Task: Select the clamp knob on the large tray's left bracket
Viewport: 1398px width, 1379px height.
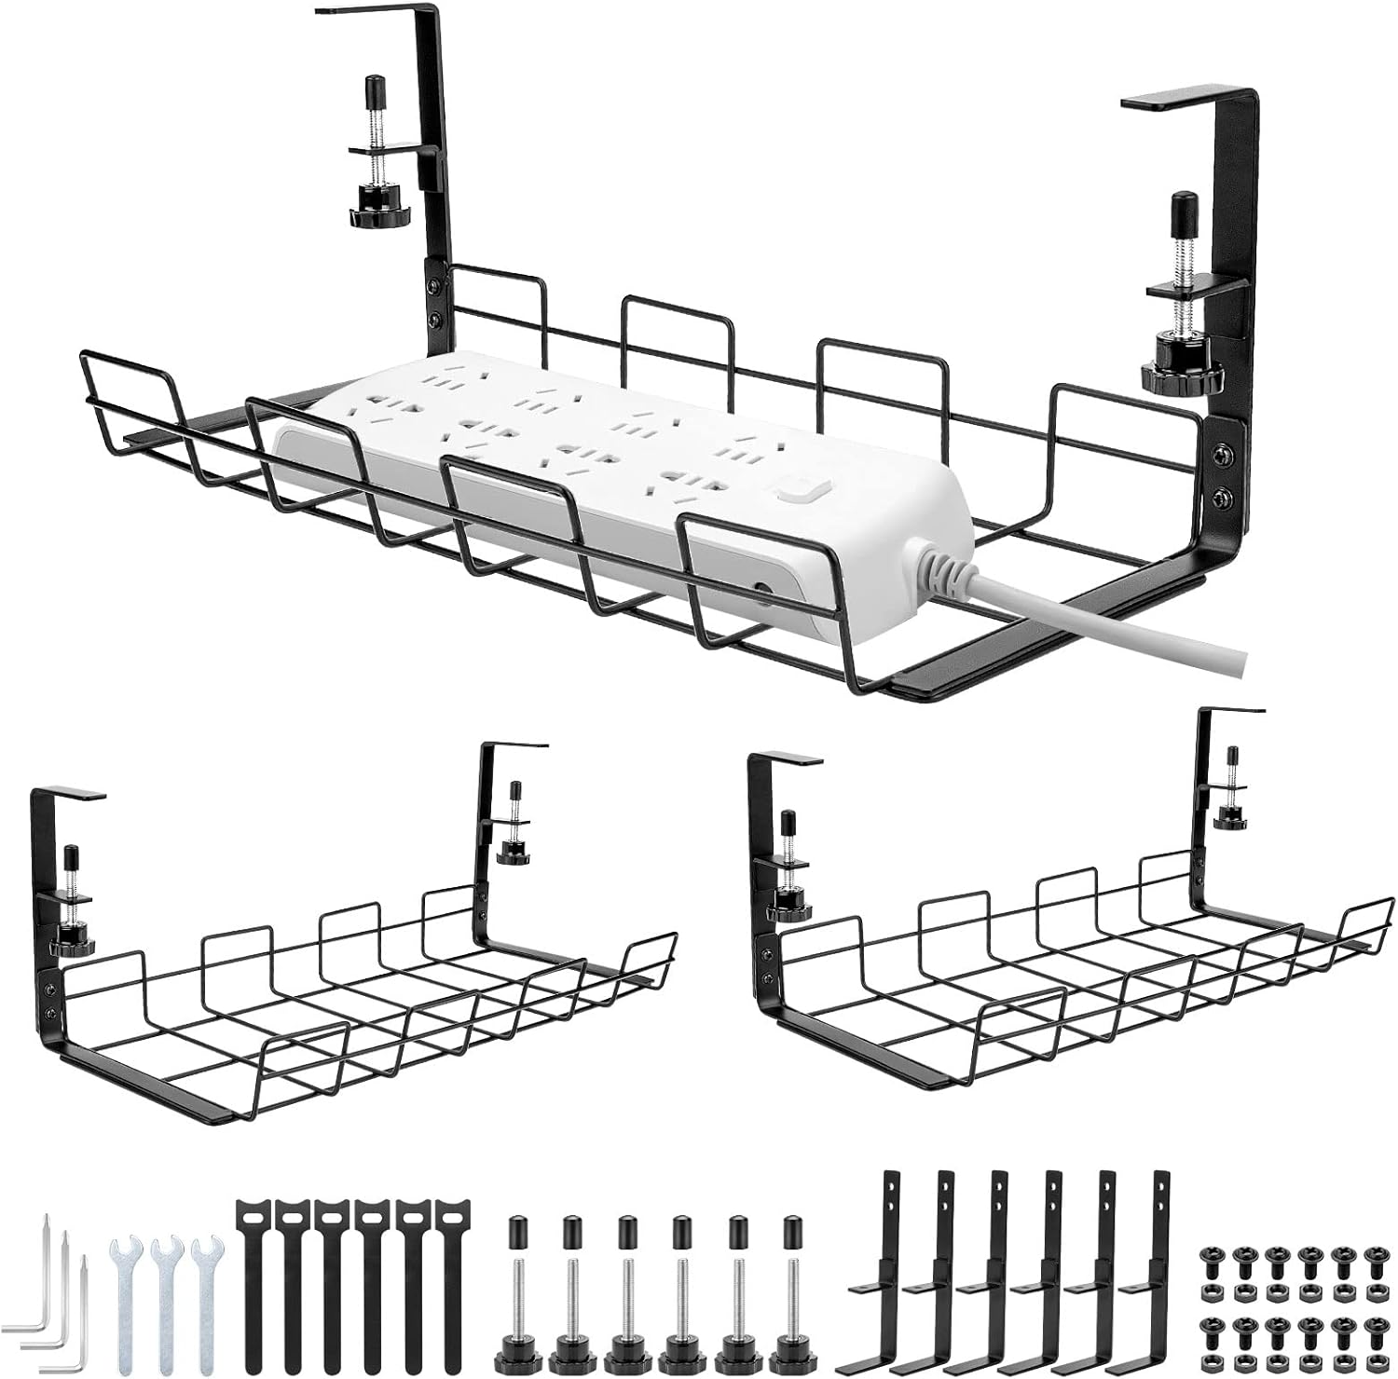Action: (373, 215)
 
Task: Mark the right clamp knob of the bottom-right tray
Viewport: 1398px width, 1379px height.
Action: (1231, 817)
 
